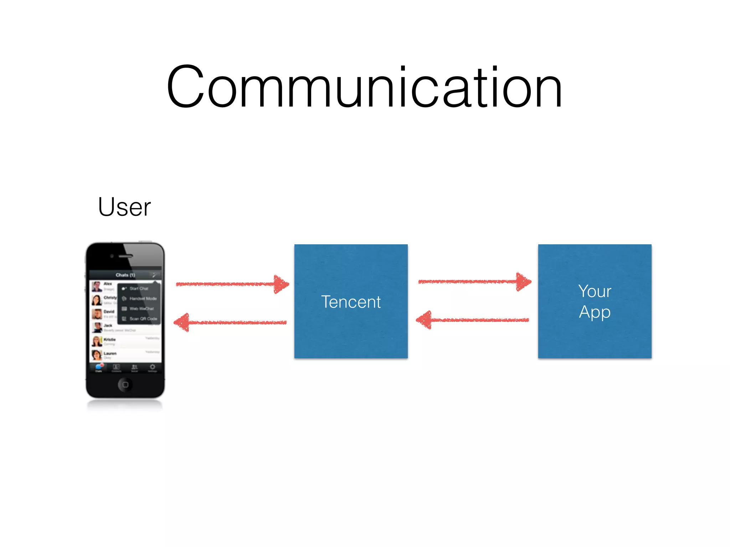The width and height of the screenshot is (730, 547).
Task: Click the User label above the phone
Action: click(124, 207)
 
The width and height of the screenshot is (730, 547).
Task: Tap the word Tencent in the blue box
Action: click(351, 302)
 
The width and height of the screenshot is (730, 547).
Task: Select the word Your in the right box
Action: click(595, 291)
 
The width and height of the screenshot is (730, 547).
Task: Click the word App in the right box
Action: click(595, 312)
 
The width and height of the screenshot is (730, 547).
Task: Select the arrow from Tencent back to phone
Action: click(230, 322)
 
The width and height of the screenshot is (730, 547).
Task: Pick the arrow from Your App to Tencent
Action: click(473, 320)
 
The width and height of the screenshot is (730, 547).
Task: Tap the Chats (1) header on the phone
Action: click(125, 275)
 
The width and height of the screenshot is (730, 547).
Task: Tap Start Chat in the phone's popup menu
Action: click(139, 288)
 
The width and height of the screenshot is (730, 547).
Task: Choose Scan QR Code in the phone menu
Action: click(143, 319)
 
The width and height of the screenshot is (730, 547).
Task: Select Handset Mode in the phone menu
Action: click(143, 298)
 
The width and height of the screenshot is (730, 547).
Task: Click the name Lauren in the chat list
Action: click(110, 353)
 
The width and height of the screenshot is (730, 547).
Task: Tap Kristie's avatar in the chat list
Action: click(97, 341)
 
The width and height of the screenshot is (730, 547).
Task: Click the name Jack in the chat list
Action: click(108, 325)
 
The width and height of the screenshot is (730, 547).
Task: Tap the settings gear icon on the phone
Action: click(152, 367)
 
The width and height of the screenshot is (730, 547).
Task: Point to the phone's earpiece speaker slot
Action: click(125, 256)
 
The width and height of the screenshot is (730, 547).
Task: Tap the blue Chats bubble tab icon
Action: click(99, 367)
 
